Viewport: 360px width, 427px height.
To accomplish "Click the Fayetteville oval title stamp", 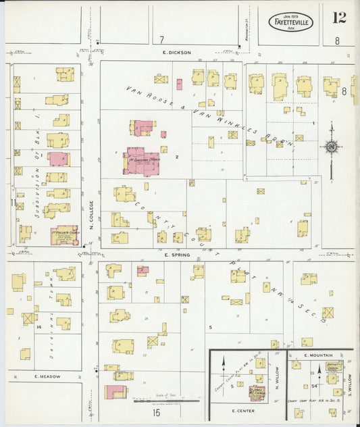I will pos(291,22).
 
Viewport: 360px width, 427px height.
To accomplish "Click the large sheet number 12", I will pos(339,18).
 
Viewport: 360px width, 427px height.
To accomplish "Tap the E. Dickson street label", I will pos(177,52).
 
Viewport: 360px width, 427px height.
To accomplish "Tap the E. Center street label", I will pos(242,410).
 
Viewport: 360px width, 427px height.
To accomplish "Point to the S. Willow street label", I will pos(349,384).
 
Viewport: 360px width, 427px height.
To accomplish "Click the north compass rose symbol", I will pos(331,146).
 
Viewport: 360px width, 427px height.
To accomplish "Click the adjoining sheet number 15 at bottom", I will pos(157,412).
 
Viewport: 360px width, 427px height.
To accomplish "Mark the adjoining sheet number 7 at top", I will pos(161,39).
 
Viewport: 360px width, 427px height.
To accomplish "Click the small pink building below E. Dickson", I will pos(179,84).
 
